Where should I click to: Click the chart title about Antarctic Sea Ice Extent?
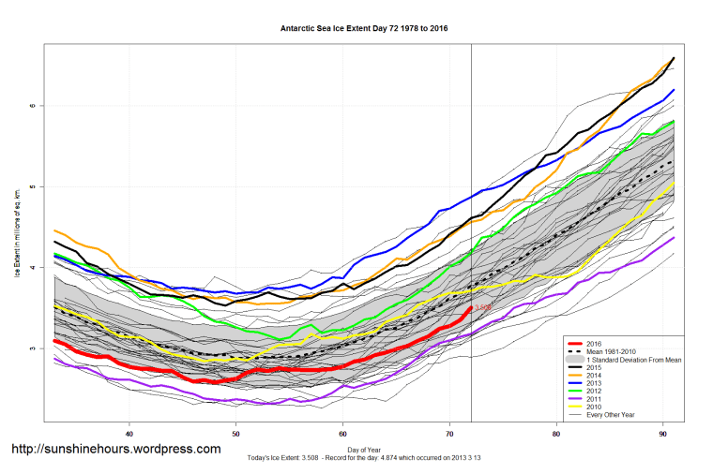[x=364, y=28]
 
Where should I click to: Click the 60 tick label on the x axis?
[x=343, y=434]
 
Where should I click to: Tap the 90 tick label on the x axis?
[x=664, y=434]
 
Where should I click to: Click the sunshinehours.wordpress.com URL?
[x=115, y=450]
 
